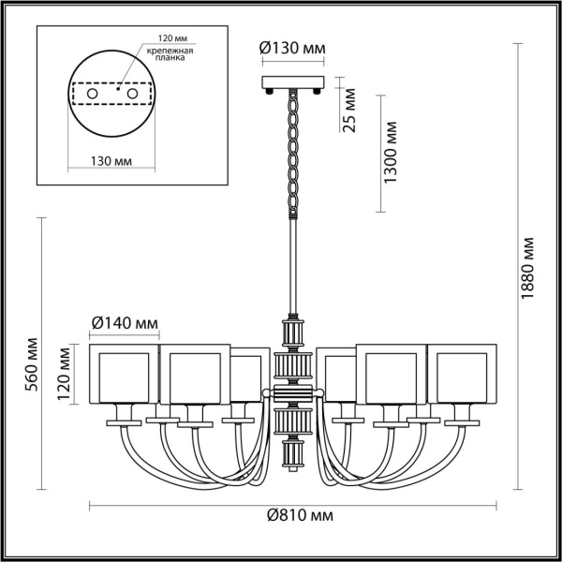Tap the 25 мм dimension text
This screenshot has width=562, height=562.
pyautogui.click(x=349, y=111)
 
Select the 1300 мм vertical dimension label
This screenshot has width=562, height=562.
pyautogui.click(x=392, y=152)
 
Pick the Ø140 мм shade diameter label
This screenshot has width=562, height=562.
pyautogui.click(x=124, y=324)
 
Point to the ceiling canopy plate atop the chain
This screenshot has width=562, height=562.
pyautogui.click(x=293, y=81)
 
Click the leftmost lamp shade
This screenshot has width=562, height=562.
pyautogui.click(x=125, y=374)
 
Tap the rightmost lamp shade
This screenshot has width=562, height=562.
pyautogui.click(x=465, y=374)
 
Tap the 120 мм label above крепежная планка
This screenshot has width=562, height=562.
pyautogui.click(x=162, y=40)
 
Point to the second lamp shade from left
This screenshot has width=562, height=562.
pyautogui.click(x=194, y=374)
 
